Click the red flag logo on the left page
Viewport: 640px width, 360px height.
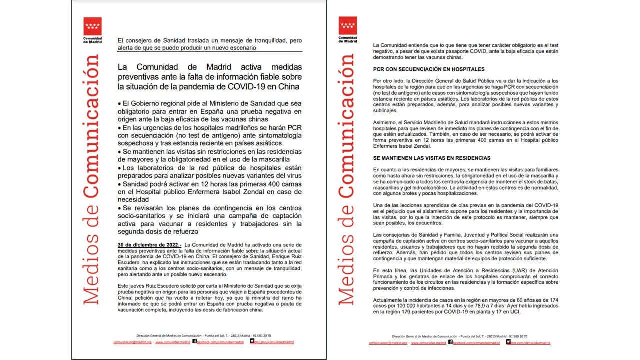[92, 26]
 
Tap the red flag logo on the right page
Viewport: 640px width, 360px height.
[348, 26]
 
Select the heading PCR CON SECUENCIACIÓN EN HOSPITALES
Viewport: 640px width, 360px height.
[429, 69]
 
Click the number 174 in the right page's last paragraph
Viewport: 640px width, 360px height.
[553, 299]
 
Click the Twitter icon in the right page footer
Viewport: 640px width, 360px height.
[508, 342]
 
